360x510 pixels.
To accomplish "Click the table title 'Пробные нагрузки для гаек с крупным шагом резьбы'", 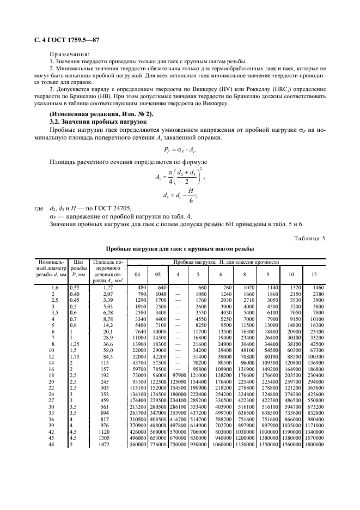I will [180, 249].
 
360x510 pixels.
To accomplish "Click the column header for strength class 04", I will [138, 275].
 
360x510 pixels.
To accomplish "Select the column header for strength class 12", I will [314, 275].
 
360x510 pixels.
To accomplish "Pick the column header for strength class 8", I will [245, 275].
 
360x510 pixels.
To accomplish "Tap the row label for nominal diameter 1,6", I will [54, 287].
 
